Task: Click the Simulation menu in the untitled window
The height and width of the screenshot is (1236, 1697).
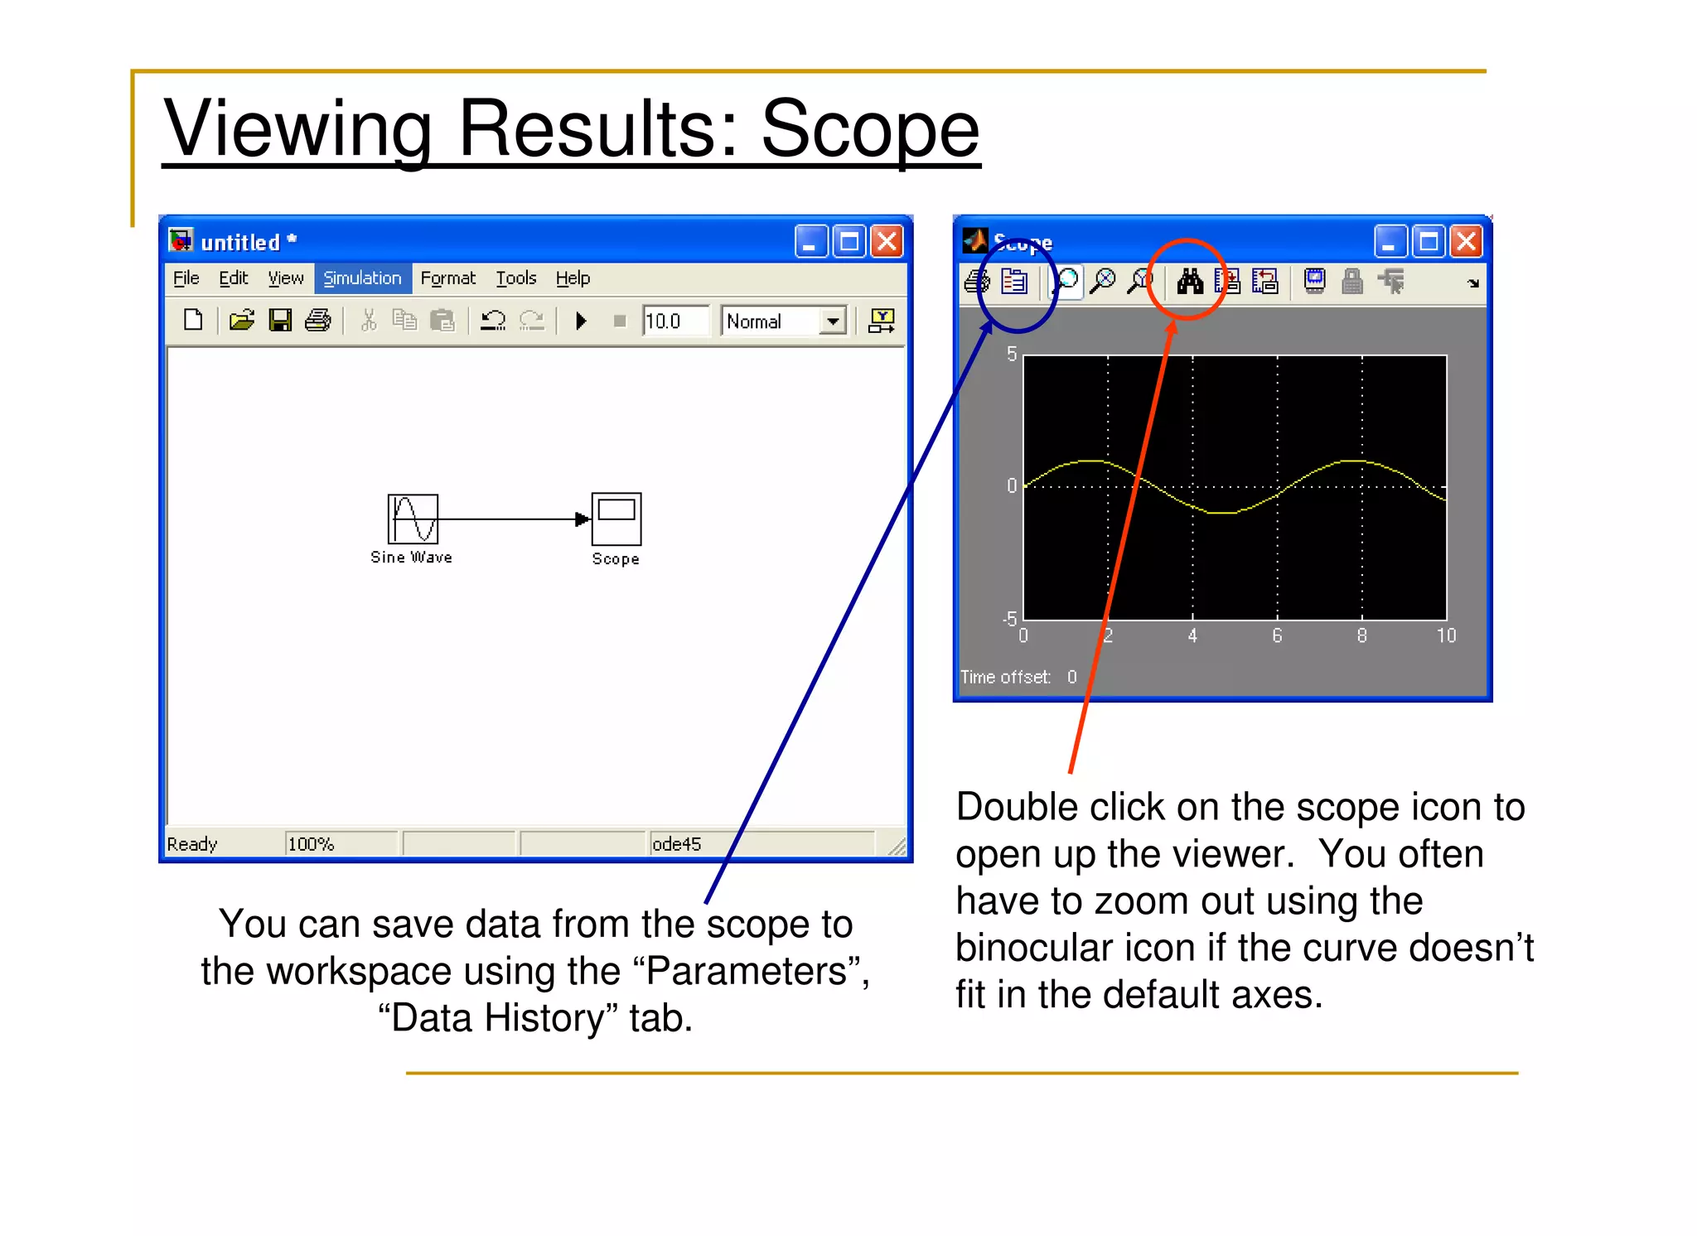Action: point(362,278)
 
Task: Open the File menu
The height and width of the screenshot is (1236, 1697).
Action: point(186,278)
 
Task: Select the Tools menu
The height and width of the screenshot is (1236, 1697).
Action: point(516,278)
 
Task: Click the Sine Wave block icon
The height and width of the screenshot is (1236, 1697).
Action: point(413,519)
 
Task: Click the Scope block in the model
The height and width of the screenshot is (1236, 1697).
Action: point(616,519)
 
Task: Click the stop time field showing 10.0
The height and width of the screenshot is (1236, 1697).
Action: point(674,321)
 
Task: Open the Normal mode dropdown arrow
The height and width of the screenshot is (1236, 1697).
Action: point(833,321)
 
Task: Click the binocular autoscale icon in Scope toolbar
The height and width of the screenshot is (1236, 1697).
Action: point(1190,282)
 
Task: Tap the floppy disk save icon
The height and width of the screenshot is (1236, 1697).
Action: point(280,321)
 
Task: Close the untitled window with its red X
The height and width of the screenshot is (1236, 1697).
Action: point(887,242)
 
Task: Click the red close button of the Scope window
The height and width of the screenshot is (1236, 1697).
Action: point(1467,242)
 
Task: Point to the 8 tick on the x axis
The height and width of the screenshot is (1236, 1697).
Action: point(1361,636)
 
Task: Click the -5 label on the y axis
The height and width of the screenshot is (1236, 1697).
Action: point(1009,619)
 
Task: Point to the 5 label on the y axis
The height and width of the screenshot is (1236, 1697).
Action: point(1012,355)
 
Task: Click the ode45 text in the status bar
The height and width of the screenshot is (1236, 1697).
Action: point(676,844)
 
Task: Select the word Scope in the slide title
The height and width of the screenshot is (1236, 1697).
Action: point(870,129)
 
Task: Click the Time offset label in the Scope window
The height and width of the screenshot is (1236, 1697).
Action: point(1005,678)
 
